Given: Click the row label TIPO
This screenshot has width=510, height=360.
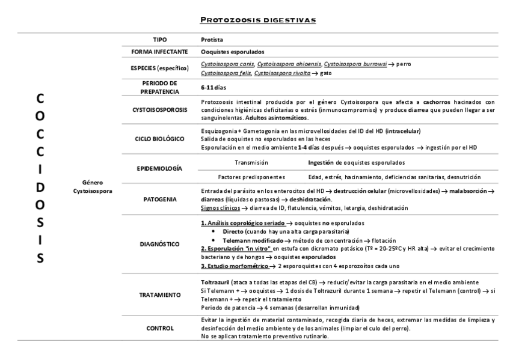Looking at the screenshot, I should click(x=160, y=39).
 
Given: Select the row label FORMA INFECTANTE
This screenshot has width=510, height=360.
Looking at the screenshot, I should click(x=160, y=52).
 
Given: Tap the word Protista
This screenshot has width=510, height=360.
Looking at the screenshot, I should click(x=211, y=39).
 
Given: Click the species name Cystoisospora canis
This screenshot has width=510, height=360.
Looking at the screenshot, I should click(x=227, y=64).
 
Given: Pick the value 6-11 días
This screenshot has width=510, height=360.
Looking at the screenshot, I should click(x=215, y=87).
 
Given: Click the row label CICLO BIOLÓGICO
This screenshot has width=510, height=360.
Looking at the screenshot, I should click(x=160, y=139).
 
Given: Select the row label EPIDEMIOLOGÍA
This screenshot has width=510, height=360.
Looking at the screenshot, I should click(x=160, y=169).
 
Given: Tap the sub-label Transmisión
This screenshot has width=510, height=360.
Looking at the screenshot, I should click(x=251, y=163).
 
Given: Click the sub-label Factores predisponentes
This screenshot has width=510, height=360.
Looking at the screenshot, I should click(x=251, y=177).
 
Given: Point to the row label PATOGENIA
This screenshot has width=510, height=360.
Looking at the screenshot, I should click(x=160, y=199).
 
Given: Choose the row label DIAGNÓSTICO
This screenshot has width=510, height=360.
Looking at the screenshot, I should click(x=160, y=244).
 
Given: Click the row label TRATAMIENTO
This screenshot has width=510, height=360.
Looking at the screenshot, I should click(x=160, y=295).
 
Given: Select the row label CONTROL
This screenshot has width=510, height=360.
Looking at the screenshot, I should click(x=160, y=328).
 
